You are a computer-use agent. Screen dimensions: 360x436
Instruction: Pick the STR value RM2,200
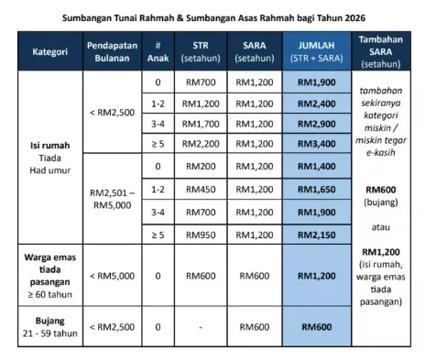(199, 145)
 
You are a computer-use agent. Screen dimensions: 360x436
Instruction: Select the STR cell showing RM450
(199, 188)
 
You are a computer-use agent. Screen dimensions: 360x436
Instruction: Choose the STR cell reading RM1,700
(199, 123)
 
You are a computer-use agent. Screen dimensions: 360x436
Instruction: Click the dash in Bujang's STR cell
(199, 327)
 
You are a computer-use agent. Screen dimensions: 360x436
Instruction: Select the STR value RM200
(199, 167)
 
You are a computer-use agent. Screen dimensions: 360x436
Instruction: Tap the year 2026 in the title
(353, 16)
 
